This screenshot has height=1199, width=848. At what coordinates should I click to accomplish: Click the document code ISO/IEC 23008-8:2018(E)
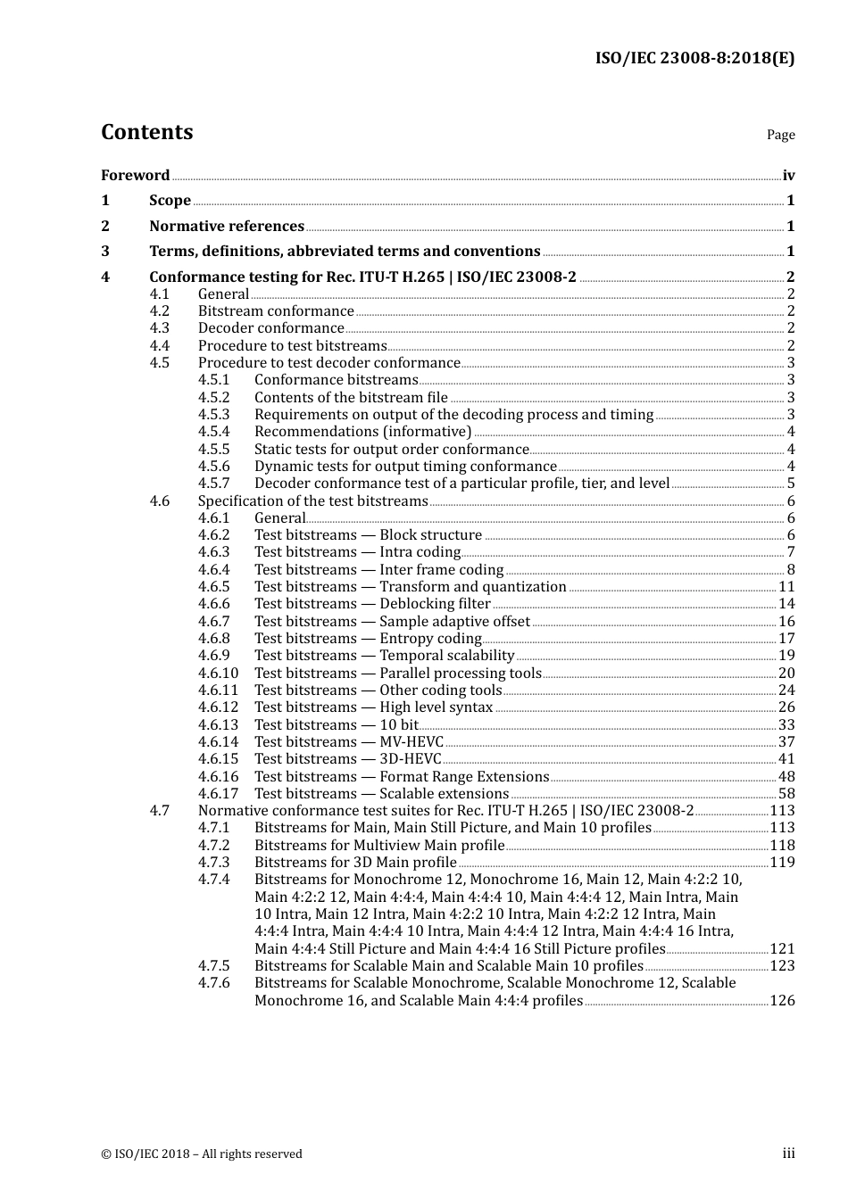pos(694,58)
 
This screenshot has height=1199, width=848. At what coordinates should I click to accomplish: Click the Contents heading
pos(146,132)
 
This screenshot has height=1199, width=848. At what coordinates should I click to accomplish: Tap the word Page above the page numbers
pos(780,135)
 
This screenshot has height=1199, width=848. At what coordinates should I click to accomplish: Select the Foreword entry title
pos(135,176)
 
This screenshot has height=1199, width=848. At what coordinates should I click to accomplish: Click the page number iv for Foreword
pos(788,176)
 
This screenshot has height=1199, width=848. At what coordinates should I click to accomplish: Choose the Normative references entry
pos(227,227)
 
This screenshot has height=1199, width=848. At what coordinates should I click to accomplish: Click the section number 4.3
pos(159,328)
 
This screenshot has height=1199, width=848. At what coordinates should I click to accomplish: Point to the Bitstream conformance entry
pos(276,311)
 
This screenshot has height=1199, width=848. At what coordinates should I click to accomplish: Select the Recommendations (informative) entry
pos(362,432)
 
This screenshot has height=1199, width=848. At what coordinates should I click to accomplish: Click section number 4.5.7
pos(213,484)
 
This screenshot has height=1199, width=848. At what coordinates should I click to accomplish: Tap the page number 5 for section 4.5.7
pos(791,484)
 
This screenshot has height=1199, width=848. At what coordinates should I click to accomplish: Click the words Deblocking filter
pos(435,604)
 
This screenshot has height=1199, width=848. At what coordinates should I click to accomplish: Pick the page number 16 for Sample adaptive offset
pos(786,622)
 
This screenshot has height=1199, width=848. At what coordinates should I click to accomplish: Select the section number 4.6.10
pos(218,674)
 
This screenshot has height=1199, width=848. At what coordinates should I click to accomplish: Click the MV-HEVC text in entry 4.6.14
pos(412,742)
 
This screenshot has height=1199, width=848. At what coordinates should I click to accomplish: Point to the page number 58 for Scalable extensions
pos(786,794)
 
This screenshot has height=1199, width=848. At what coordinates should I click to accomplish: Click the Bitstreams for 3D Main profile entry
pos(355,863)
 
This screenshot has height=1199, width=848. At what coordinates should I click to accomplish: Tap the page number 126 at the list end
pos(782,1001)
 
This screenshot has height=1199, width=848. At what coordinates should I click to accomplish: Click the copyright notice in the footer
pos(202,1154)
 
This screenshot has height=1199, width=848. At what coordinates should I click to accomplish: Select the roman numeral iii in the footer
pos(788,1154)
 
